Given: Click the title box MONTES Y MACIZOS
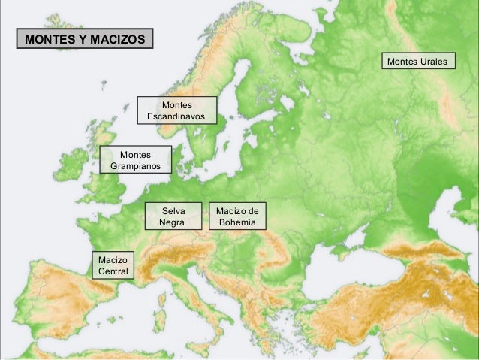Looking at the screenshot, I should [84, 38].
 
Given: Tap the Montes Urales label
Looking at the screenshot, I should [419, 60].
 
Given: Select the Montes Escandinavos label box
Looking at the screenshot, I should [176, 110].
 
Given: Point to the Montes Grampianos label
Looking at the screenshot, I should [135, 159].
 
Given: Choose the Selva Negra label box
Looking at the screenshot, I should [174, 216].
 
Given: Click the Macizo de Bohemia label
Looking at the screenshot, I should [237, 216].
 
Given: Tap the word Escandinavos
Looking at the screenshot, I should [176, 116].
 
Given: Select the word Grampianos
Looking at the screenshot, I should [135, 166].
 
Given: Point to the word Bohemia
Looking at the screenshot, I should [237, 222].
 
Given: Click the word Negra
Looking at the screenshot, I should [174, 222].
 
